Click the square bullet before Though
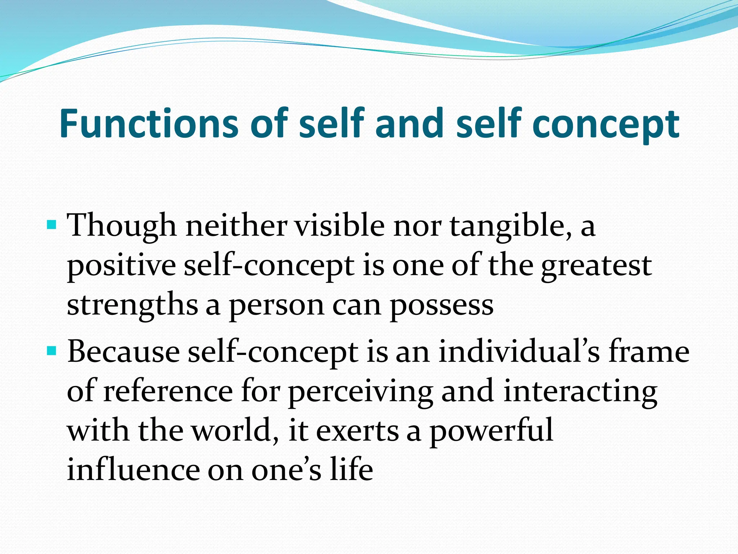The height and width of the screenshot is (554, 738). pos(52,225)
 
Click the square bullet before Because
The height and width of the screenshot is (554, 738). pos(52,351)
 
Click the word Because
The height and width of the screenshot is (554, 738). pos(124,352)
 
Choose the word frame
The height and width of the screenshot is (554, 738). pos(649,352)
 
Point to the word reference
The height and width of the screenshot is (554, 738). pos(168,391)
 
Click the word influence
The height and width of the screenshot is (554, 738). pos(133,470)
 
